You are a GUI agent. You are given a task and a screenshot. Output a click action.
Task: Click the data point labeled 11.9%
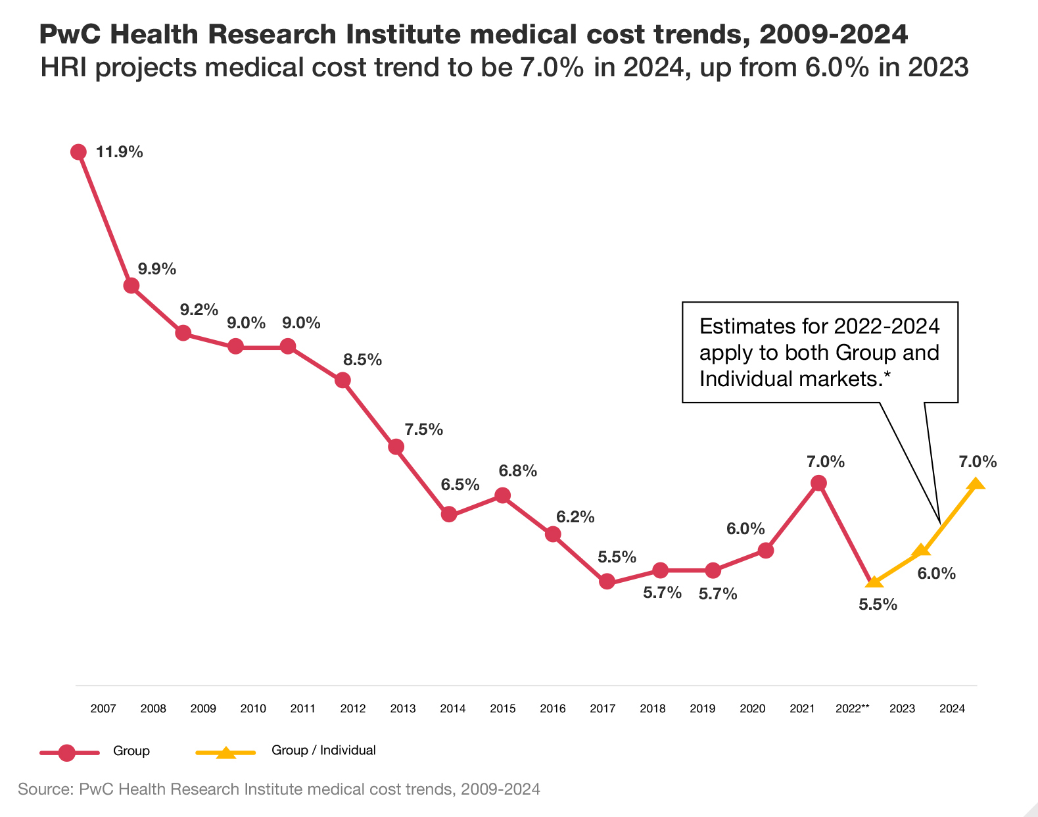click(78, 152)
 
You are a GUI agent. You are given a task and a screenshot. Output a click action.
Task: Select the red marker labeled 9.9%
click(131, 285)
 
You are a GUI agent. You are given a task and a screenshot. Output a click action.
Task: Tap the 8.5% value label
click(362, 360)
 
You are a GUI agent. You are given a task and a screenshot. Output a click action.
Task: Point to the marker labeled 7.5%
click(396, 447)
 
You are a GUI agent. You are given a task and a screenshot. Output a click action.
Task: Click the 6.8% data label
click(517, 471)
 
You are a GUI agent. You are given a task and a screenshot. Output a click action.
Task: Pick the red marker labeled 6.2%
click(554, 534)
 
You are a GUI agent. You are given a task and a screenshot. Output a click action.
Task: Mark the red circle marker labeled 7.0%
click(818, 483)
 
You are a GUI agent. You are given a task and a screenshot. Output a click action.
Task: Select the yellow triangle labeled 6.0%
click(922, 551)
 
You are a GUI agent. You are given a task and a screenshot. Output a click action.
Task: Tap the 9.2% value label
click(199, 309)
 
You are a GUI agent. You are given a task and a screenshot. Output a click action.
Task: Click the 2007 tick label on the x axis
click(103, 708)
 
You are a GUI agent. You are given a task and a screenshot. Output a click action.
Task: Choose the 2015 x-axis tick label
click(503, 708)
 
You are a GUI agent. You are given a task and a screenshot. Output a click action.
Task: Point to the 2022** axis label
click(853, 708)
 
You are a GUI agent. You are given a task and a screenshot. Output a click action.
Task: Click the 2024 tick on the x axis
click(953, 708)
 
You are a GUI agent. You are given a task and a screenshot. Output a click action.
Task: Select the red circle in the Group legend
click(67, 753)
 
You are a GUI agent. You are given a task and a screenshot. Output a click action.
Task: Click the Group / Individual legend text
click(323, 751)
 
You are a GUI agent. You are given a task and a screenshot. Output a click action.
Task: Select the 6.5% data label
click(460, 485)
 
